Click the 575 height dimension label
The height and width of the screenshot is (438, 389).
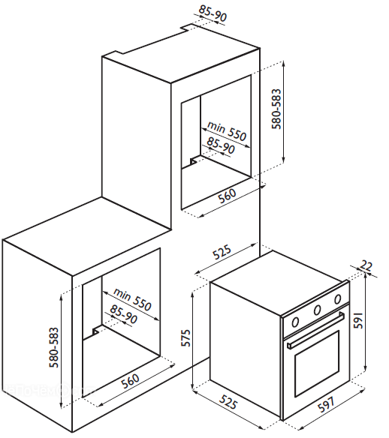point(186,338)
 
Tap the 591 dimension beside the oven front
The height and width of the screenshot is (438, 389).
point(357,321)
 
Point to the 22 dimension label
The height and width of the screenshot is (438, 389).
point(366,265)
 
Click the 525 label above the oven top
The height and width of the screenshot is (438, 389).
point(222,252)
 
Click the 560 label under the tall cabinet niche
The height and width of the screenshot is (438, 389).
point(227,196)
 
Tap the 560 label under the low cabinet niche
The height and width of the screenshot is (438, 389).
point(130,381)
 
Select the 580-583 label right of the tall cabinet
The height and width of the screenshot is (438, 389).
point(276,109)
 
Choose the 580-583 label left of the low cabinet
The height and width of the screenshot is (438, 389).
point(53,347)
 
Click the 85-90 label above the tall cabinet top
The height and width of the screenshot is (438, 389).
point(213,13)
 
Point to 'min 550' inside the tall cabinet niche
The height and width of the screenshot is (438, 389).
point(226,131)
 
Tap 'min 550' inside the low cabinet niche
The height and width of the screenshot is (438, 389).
point(131,299)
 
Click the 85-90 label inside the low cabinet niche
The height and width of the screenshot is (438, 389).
point(123,314)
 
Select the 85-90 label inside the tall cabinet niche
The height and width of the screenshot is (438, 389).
point(221,145)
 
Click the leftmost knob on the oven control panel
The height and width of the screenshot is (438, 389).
point(295,322)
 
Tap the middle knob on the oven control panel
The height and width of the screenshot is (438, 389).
point(317,310)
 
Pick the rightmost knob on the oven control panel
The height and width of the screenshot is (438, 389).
point(337,299)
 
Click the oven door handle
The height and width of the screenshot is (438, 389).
point(315,331)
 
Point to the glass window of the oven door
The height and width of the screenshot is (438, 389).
point(317,362)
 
